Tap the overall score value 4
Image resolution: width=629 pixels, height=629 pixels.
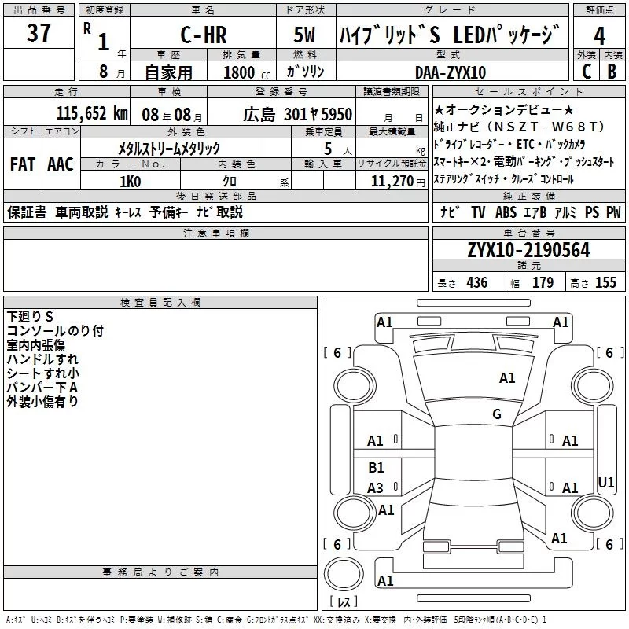pos(599,36)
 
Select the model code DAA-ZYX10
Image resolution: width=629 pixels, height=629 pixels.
pos(451,72)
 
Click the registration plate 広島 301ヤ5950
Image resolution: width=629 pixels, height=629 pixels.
pos(297,114)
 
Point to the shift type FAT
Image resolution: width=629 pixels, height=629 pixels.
pos(22,164)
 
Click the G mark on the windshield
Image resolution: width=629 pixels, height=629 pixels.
pos(497,414)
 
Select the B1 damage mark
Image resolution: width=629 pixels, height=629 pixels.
pos(376,468)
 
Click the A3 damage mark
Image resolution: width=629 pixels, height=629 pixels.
pos(376,488)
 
